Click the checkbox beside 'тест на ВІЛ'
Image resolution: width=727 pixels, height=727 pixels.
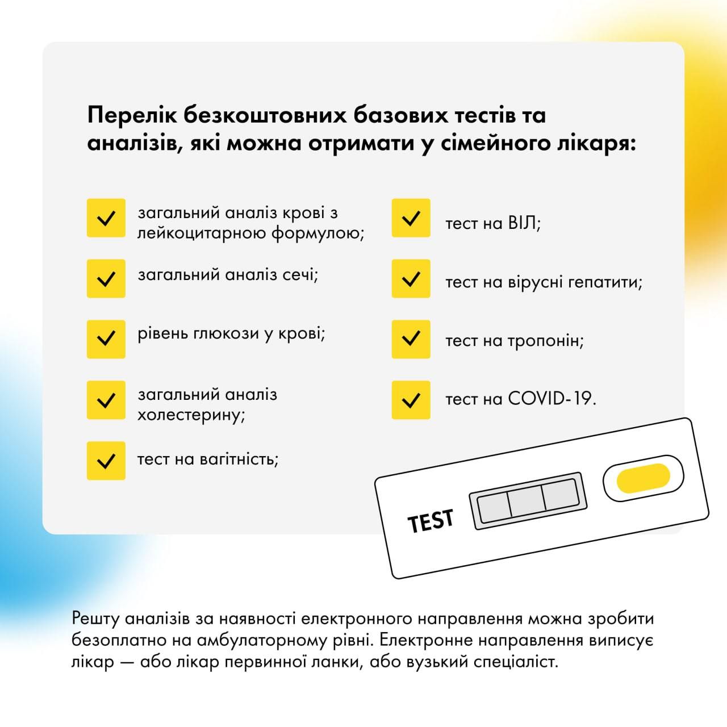pyautogui.click(x=411, y=218)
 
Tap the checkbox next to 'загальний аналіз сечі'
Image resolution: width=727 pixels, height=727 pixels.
pyautogui.click(x=106, y=278)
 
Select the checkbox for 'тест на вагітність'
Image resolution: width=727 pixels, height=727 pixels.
pyautogui.click(x=106, y=460)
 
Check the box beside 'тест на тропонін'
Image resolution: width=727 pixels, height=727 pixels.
pyautogui.click(x=411, y=339)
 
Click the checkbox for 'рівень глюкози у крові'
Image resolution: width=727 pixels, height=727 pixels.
pyautogui.click(x=106, y=339)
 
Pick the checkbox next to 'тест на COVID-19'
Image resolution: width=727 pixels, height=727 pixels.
pyautogui.click(x=411, y=400)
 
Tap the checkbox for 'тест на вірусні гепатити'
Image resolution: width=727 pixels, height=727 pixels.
pyautogui.click(x=411, y=278)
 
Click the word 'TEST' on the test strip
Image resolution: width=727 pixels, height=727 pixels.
pyautogui.click(x=431, y=520)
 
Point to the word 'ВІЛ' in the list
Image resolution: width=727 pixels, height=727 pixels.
pyautogui.click(x=521, y=223)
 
